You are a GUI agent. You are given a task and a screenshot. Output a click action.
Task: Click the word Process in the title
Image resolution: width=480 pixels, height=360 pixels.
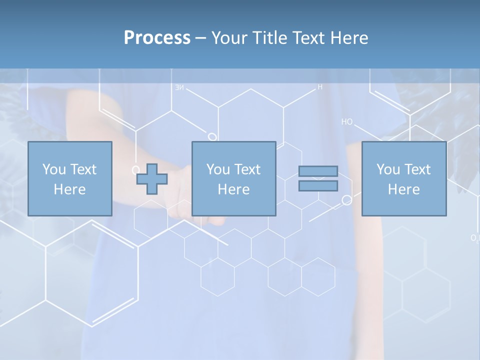157,38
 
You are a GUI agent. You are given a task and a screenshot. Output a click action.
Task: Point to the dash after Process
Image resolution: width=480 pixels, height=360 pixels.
200,38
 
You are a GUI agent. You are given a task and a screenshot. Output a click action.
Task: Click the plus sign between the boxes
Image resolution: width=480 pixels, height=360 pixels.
152,179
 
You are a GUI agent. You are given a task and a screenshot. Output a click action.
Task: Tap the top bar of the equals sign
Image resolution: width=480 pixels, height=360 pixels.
318,171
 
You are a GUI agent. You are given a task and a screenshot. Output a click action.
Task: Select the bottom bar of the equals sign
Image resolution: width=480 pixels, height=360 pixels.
318,186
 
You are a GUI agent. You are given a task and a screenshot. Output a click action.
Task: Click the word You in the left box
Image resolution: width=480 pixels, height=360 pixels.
54,169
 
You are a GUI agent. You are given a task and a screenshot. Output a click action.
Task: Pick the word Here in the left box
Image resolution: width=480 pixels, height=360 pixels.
69,189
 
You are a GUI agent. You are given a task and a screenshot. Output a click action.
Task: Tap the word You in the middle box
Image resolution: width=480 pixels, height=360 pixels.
218,169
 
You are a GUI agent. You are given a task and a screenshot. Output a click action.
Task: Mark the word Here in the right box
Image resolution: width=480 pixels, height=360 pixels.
403,189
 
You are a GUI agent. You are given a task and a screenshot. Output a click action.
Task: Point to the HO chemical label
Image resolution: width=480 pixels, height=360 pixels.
347,121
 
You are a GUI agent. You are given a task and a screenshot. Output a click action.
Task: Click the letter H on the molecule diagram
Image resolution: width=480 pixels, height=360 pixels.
320,87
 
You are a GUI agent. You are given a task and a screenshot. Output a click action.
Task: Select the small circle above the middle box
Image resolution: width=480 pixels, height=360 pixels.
212,136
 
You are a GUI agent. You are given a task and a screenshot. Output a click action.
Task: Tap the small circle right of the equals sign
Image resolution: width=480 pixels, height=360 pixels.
346,200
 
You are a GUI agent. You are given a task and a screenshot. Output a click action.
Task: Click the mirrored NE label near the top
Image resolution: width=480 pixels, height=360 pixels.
179,88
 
